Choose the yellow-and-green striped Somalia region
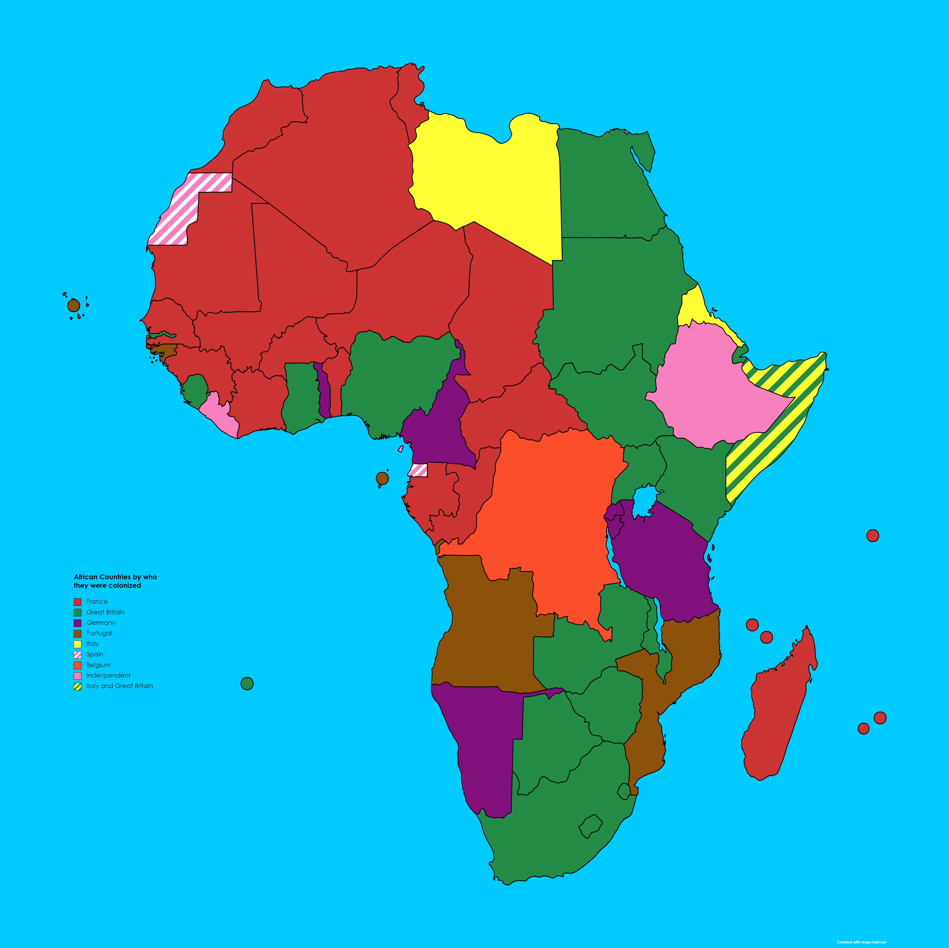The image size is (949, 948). pyautogui.click(x=771, y=442)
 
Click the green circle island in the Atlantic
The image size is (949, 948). pyautogui.click(x=247, y=683)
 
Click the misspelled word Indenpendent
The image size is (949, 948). pyautogui.click(x=108, y=675)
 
